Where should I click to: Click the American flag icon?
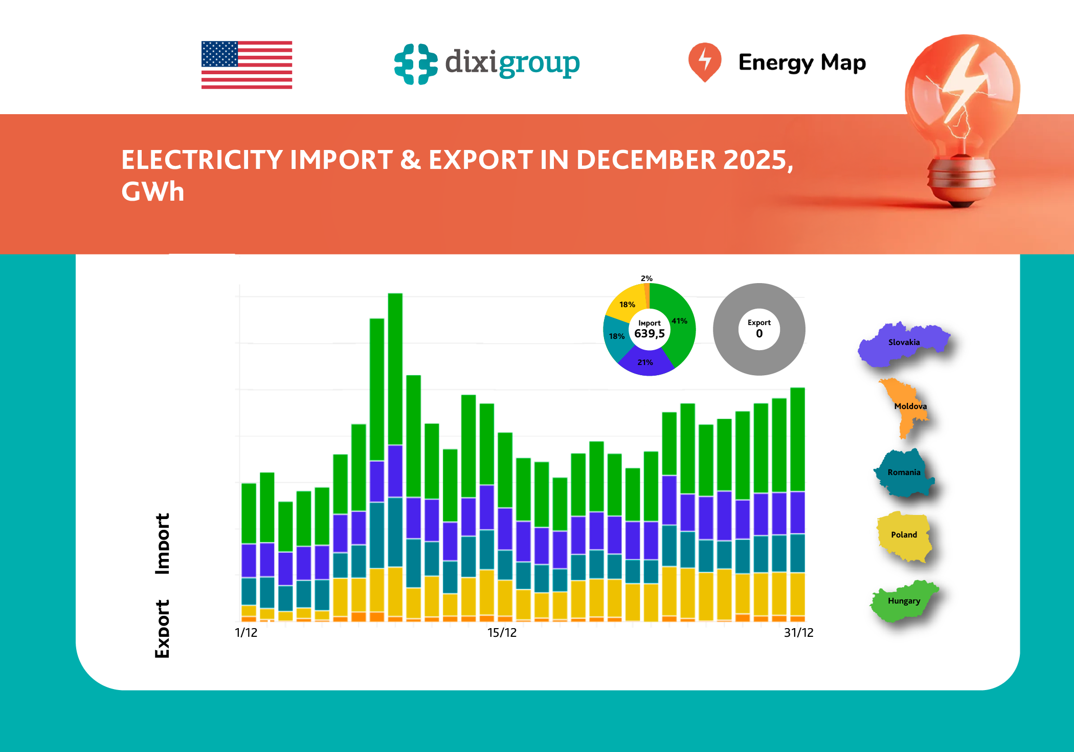(247, 65)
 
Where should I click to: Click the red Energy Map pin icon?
(704, 61)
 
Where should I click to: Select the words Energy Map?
(801, 62)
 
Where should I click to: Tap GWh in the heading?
(152, 192)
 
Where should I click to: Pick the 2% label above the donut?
(646, 278)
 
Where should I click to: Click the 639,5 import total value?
(649, 334)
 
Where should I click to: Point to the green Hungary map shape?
(904, 601)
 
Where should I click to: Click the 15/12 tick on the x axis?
(502, 633)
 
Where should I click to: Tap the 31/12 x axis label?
(798, 633)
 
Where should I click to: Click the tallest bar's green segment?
(395, 369)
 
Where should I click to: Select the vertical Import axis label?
(162, 544)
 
